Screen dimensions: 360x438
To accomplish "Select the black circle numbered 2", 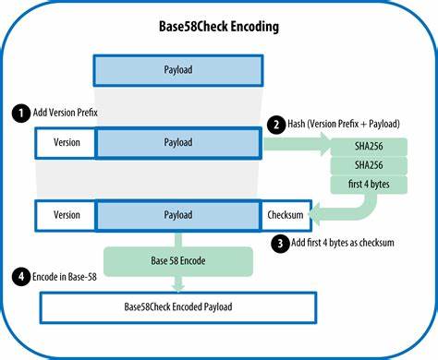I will [x=274, y=123].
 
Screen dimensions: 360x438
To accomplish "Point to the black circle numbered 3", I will [x=279, y=244].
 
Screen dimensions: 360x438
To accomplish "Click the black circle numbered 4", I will [x=19, y=275].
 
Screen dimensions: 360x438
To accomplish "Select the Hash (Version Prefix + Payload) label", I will [x=350, y=123].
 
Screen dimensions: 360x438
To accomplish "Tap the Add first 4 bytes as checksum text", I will [x=350, y=244].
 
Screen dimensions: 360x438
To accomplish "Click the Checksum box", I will [x=286, y=214].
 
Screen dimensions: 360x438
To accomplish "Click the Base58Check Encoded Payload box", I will [x=178, y=305].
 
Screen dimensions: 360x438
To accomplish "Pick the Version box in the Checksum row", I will [x=66, y=214].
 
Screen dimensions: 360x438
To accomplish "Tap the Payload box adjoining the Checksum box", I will [x=177, y=214].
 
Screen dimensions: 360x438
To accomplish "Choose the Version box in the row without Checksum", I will [x=66, y=142].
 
